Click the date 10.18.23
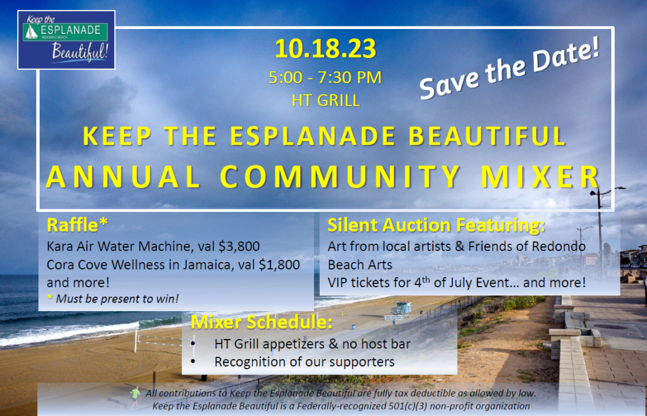tap(325, 49)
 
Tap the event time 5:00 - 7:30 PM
tap(325, 78)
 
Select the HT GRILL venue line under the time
tap(325, 100)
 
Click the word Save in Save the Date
tap(449, 81)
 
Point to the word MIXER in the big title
tap(541, 177)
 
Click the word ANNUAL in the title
tap(123, 177)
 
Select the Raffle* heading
tap(77, 225)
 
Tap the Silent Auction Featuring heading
tap(436, 225)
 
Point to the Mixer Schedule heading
tap(262, 322)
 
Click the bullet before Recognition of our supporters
tap(193, 362)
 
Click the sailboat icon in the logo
tap(31, 32)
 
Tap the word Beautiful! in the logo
tap(80, 52)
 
